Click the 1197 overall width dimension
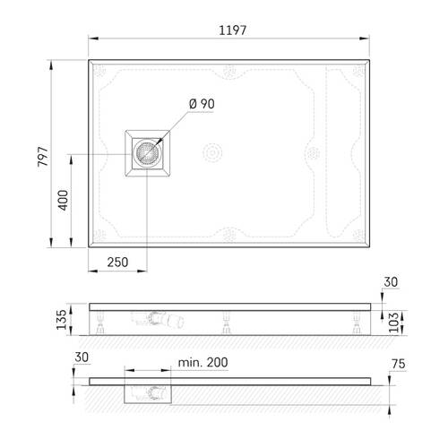pyautogui.click(x=231, y=30)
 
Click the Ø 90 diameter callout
pyautogui.click(x=202, y=104)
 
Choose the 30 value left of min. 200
pyautogui.click(x=82, y=356)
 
